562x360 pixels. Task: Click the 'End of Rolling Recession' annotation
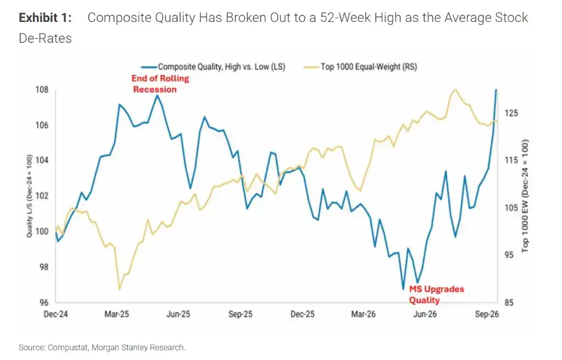click(160, 84)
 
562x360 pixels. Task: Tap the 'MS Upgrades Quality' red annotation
click(436, 294)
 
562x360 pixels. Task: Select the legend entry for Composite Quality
click(213, 67)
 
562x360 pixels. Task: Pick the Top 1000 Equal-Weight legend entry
click(360, 67)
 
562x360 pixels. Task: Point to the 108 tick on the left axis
click(42, 89)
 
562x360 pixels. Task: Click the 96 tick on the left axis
click(44, 302)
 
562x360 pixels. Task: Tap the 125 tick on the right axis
click(511, 113)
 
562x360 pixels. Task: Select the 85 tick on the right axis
click(509, 302)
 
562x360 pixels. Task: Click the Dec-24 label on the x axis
click(55, 314)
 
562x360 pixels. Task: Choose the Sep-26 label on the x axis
click(487, 314)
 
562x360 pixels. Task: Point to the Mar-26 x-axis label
click(363, 314)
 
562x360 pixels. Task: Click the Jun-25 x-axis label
click(178, 314)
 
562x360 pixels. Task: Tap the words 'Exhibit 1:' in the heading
click(45, 18)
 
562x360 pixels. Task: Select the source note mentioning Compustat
click(102, 347)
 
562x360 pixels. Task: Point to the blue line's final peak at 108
click(496, 89)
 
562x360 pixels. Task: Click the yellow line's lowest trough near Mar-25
click(119, 289)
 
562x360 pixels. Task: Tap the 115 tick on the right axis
click(511, 160)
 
